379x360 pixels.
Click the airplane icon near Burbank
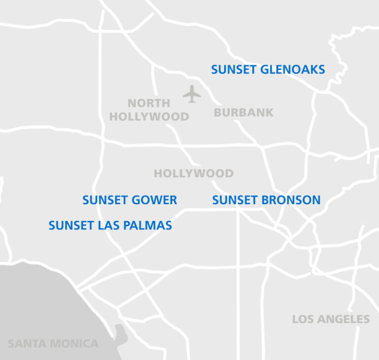(191, 94)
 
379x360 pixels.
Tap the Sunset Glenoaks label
(268, 70)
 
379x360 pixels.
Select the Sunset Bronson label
(266, 200)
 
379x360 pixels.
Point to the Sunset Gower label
(129, 200)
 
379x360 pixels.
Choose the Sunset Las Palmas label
(110, 226)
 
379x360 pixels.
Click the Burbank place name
(243, 112)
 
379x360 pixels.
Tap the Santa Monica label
(53, 344)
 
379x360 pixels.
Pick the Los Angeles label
(331, 319)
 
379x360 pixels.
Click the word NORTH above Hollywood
(149, 104)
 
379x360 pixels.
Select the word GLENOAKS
(292, 70)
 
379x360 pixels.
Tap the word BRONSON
(291, 200)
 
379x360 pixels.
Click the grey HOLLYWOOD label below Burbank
(193, 174)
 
